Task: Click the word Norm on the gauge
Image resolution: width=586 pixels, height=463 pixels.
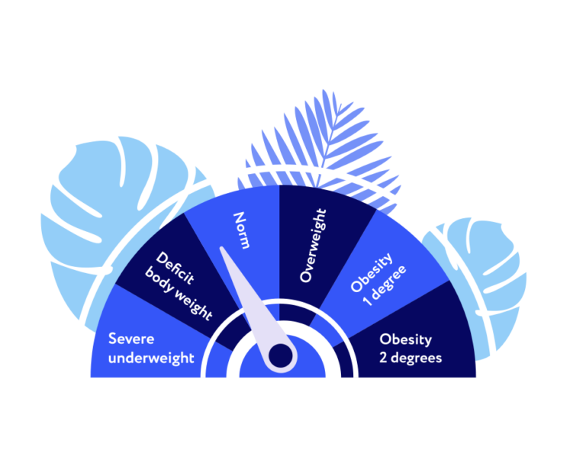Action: click(241, 230)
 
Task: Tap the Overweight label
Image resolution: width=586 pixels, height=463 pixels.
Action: click(313, 245)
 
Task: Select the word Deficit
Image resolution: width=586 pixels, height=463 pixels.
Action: click(175, 268)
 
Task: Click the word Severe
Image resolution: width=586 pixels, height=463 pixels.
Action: click(131, 339)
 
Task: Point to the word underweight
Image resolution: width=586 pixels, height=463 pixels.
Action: click(151, 358)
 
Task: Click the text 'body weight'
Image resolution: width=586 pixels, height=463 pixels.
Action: click(179, 294)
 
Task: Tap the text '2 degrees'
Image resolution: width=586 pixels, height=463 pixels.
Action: click(411, 358)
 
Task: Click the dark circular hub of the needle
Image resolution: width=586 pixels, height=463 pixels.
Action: click(281, 355)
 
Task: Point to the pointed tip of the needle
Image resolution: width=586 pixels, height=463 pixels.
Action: click(221, 248)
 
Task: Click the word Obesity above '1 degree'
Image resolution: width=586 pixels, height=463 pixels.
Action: click(372, 272)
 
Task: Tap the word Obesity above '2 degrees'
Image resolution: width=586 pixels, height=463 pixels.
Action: click(405, 339)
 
